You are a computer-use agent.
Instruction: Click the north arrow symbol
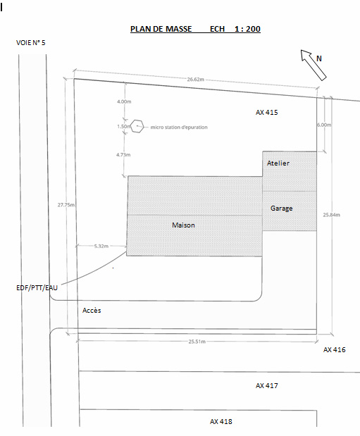(x=314, y=66)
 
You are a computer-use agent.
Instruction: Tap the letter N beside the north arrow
(x=319, y=58)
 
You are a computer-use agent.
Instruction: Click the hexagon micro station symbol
(x=137, y=127)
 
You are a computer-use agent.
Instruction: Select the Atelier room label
(x=278, y=163)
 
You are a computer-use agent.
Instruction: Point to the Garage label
(x=282, y=208)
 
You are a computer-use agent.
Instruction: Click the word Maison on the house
(x=183, y=225)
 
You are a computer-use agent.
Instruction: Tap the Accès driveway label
(x=92, y=311)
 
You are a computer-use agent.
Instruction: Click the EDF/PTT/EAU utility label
(x=37, y=288)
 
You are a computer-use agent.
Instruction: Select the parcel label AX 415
(x=267, y=112)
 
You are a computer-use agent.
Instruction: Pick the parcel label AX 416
(x=335, y=350)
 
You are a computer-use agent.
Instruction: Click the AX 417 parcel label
(x=267, y=386)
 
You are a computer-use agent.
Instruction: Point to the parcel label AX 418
(x=221, y=421)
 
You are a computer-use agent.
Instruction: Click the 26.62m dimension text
(x=196, y=80)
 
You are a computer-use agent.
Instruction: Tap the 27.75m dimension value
(x=66, y=205)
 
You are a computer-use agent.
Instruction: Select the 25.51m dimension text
(x=197, y=342)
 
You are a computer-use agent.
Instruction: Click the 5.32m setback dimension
(x=101, y=246)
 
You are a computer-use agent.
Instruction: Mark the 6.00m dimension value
(x=324, y=125)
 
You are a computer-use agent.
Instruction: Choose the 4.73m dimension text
(x=123, y=154)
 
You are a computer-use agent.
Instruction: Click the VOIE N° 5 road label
(x=30, y=43)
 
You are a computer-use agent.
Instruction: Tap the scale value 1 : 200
(x=247, y=29)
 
